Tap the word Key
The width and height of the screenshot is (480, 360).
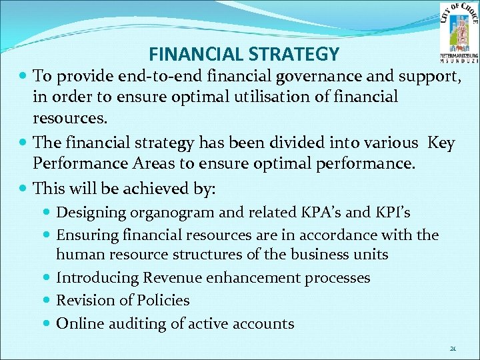click(442, 143)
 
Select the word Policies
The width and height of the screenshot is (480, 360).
click(164, 301)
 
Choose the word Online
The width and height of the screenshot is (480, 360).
click(79, 324)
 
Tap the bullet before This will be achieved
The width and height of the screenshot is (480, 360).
click(24, 189)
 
